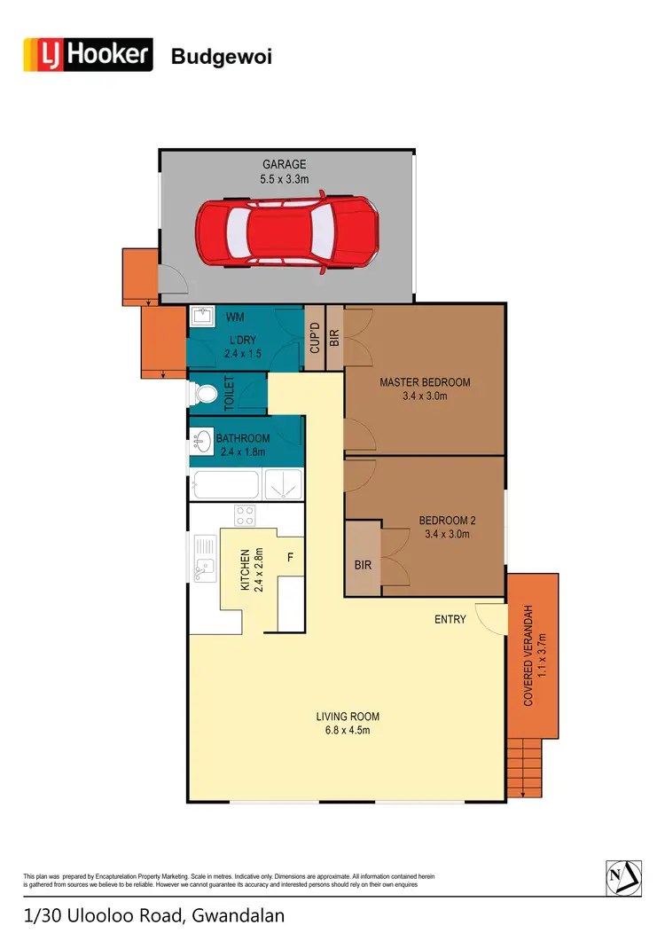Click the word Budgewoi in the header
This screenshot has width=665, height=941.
click(221, 58)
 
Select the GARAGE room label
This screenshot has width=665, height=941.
click(284, 164)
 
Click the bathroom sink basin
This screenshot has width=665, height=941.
click(202, 437)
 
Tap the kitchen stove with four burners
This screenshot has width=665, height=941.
click(245, 515)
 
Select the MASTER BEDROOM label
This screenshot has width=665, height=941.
click(425, 382)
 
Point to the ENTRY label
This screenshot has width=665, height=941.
click(450, 619)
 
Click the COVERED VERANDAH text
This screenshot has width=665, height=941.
click(528, 656)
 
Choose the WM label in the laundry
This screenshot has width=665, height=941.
click(235, 317)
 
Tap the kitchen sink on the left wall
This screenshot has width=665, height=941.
click(205, 559)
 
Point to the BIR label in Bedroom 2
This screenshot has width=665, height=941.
click(362, 563)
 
